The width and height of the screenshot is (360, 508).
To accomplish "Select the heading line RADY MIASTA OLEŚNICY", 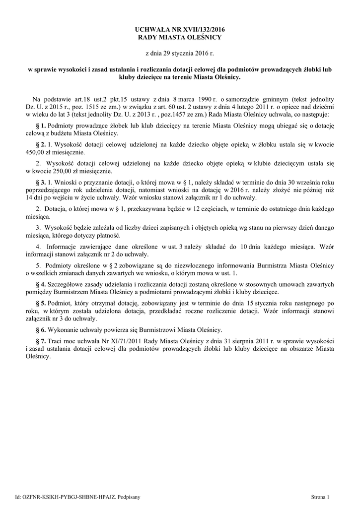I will pyautogui.click(x=180, y=38).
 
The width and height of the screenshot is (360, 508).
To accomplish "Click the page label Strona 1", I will pyautogui.click(x=320, y=496).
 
